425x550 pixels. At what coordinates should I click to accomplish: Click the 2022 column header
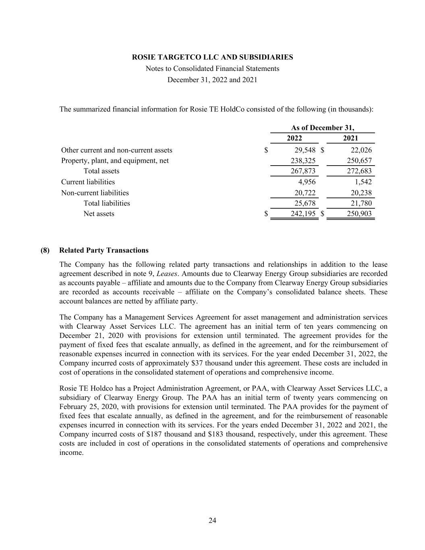coord(294,139)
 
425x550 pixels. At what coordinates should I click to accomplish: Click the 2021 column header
coord(350,139)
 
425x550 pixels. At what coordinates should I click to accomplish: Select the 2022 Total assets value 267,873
coord(303,171)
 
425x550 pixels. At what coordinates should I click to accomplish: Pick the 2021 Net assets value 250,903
coord(359,214)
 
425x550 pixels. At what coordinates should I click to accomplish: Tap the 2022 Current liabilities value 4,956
coord(307,182)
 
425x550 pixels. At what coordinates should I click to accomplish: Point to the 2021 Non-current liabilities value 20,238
coord(361,193)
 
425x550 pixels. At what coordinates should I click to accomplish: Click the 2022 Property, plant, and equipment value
coord(303,161)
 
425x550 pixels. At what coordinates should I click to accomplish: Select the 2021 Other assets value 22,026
coord(361,150)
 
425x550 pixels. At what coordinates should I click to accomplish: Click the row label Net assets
coord(99,214)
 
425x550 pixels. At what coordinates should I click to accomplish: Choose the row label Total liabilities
coord(107,203)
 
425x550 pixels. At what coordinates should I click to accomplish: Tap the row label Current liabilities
coord(88,182)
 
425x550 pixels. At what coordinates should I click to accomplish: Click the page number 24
coord(212,521)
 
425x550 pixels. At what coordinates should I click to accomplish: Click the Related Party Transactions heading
coord(104,250)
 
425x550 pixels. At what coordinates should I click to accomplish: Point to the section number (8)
coord(45,250)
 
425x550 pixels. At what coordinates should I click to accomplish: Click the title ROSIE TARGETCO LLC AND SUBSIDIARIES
coord(212,57)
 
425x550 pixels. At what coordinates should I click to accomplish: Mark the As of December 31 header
coord(323,128)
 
